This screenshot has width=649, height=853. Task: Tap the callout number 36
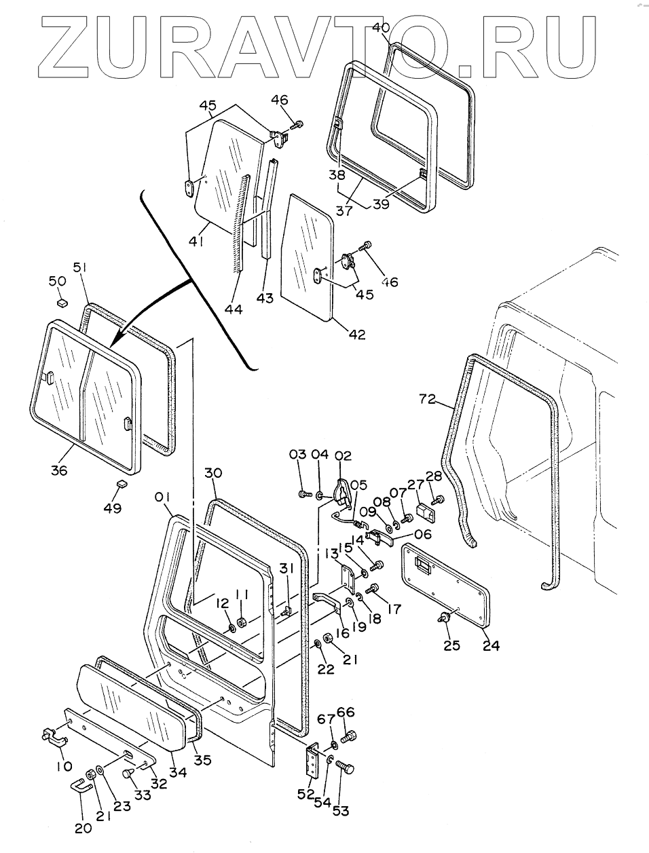coord(59,469)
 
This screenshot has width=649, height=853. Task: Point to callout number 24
coord(491,645)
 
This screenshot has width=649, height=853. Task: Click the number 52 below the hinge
coord(307,793)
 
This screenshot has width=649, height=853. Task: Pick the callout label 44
coord(234,309)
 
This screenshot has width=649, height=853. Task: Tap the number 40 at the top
coord(381,28)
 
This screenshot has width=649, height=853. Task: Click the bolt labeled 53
coord(346,768)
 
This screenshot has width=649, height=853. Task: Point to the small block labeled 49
coord(123,484)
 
